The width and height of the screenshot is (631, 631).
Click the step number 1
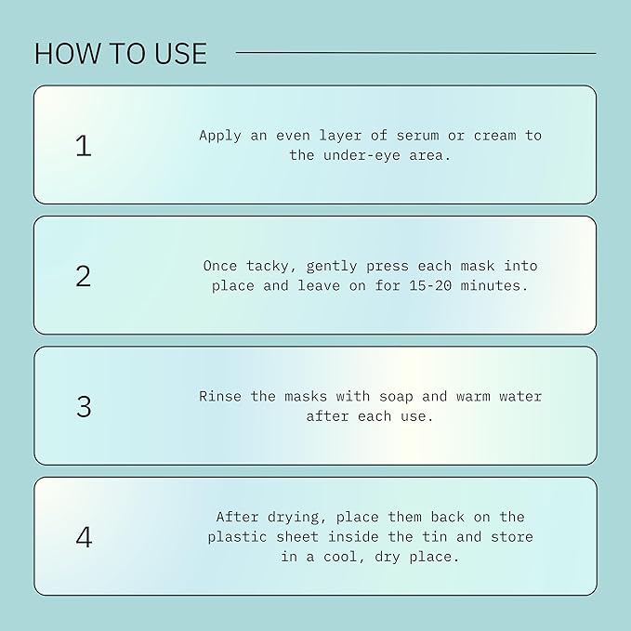point(84,146)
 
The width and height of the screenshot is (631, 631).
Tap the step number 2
point(84,276)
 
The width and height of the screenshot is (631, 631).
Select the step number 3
point(84,406)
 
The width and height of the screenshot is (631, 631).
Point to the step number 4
point(84,537)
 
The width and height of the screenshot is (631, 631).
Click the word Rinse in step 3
point(219,397)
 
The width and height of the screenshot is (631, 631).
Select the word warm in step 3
point(473,397)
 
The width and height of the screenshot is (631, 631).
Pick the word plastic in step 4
point(237,537)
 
